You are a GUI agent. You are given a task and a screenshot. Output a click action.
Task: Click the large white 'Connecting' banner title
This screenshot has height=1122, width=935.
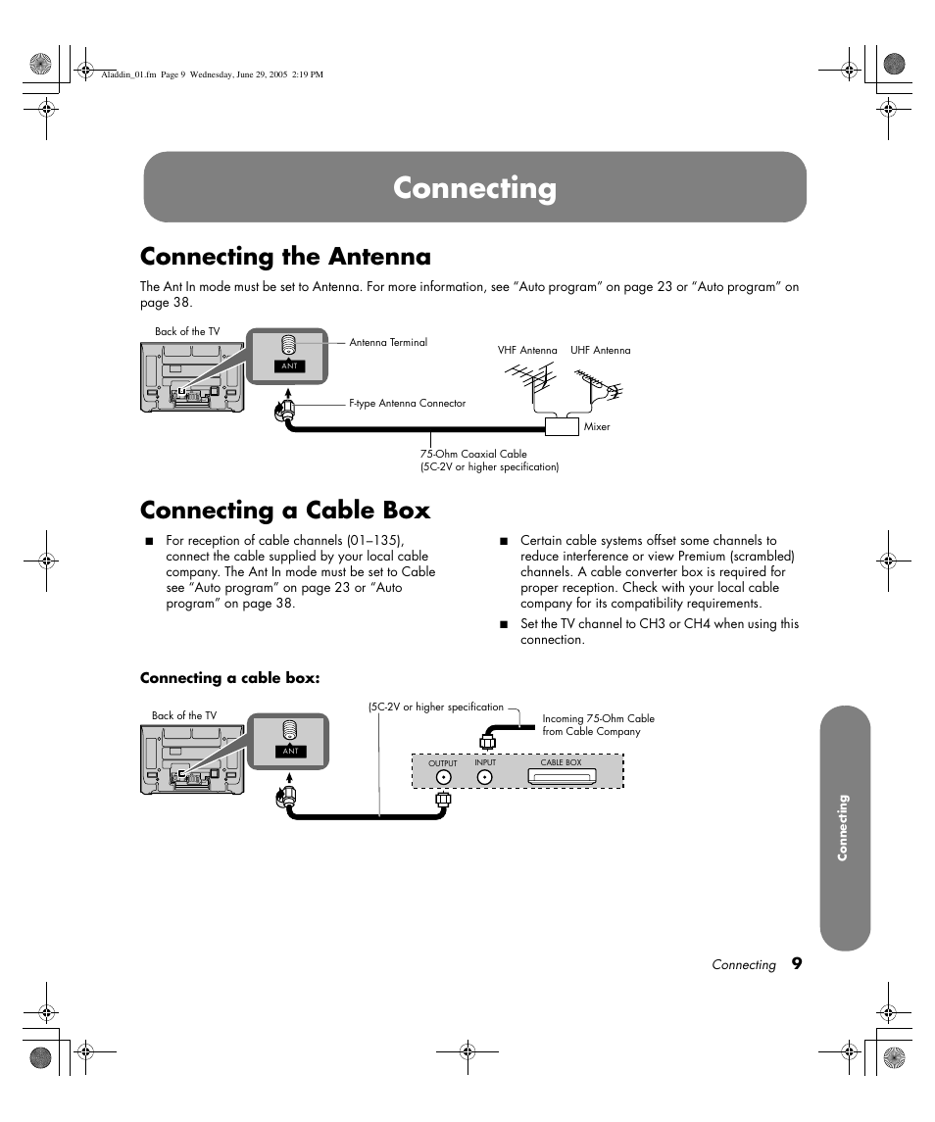coord(475,188)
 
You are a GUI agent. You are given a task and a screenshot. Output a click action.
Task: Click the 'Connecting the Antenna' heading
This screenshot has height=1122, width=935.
coord(285,257)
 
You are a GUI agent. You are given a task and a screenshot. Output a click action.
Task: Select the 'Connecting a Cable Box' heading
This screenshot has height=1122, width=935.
coord(285,511)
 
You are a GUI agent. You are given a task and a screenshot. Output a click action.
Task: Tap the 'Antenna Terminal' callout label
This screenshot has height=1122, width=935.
coord(388,343)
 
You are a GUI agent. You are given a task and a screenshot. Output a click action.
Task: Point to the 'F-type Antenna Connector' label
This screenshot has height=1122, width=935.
coord(407,403)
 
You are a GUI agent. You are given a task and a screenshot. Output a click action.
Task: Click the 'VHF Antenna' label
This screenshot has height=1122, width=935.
coord(527,350)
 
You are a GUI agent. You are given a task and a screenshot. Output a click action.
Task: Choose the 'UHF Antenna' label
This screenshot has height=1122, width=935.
coord(600,350)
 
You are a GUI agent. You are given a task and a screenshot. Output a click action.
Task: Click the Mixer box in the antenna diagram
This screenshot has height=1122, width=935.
coord(562,425)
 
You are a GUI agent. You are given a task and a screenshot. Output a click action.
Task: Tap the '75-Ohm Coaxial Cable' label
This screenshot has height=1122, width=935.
coord(474,454)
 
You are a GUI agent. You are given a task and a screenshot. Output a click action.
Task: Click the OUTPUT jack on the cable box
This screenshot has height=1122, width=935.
coord(443,777)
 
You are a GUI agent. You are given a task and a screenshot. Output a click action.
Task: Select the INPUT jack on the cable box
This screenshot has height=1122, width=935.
coord(485,777)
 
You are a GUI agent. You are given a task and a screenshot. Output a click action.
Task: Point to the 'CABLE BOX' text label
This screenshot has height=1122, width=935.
coord(561,762)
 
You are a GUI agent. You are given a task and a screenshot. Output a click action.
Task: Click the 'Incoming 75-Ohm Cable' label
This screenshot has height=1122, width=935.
coord(598,718)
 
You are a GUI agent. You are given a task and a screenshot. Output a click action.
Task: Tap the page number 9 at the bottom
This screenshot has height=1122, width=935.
coord(797,963)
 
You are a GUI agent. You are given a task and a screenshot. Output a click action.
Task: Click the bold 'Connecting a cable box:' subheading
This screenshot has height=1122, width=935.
coord(230,678)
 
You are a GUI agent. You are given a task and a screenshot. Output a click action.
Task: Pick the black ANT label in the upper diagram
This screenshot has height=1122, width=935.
coord(289,366)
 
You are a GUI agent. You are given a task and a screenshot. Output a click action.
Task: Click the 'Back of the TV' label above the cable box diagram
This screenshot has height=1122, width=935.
coord(184,716)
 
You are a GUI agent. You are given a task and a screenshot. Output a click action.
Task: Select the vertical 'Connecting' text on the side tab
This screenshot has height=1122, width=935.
coord(842,828)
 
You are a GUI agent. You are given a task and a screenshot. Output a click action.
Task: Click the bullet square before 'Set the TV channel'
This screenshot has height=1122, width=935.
coord(504,624)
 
